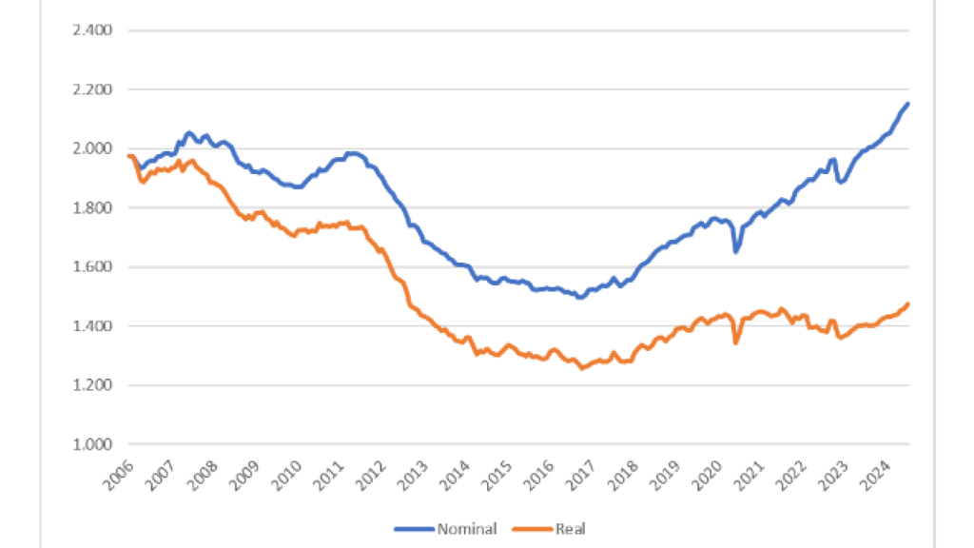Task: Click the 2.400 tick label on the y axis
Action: (93, 30)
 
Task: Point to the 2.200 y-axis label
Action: (93, 89)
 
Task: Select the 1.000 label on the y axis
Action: (93, 444)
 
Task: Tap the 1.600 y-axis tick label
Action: (93, 267)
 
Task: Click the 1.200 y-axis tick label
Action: (93, 385)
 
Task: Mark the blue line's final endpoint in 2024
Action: (908, 104)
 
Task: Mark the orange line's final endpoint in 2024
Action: (908, 304)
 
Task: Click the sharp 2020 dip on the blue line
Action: (735, 251)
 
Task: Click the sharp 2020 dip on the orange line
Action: (735, 342)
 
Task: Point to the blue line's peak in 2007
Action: (188, 133)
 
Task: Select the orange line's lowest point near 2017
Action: (582, 367)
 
